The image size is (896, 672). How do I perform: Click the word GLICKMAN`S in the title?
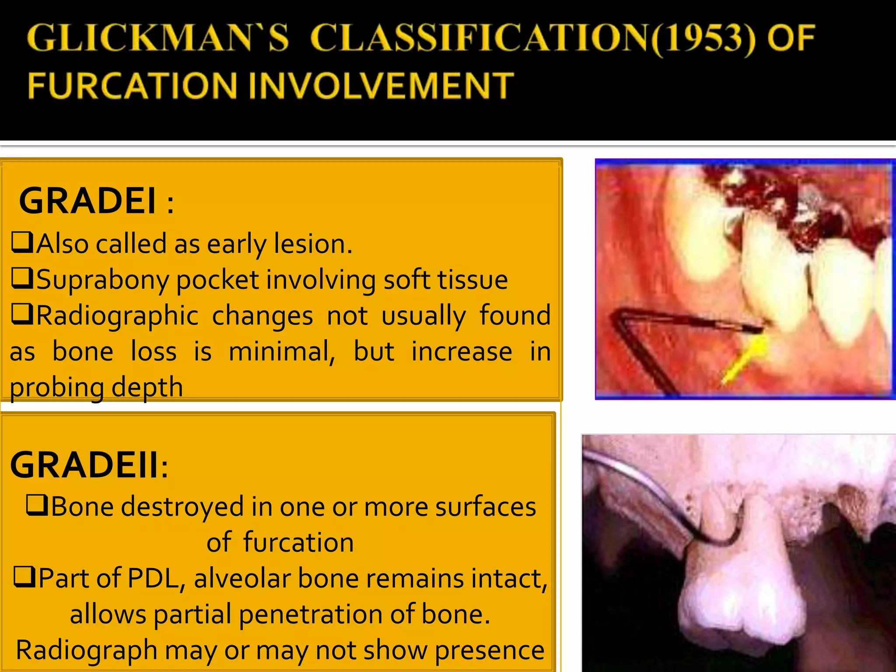pyautogui.click(x=158, y=38)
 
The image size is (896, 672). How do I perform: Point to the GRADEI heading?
pyautogui.click(x=87, y=201)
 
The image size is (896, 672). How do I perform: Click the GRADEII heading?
pyautogui.click(x=85, y=465)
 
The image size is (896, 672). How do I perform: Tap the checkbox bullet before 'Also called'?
pyautogui.click(x=22, y=242)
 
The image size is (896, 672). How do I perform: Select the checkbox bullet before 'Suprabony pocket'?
pyautogui.click(x=22, y=278)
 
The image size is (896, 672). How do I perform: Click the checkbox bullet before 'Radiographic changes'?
pyautogui.click(x=22, y=314)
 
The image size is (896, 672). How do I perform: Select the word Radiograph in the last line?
pyautogui.click(x=87, y=650)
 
